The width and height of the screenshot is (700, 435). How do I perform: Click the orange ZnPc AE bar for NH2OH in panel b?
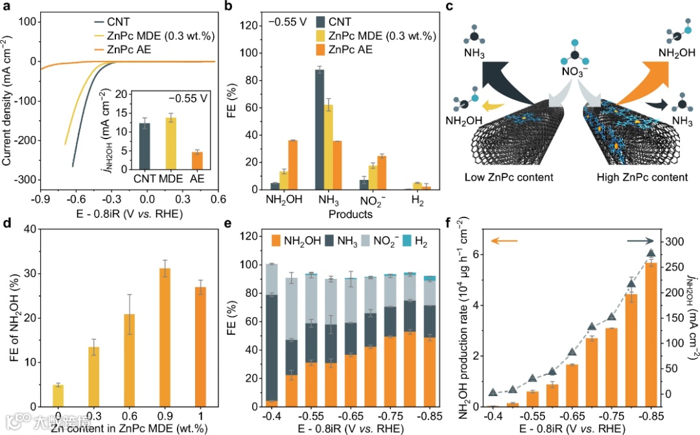point(293,165)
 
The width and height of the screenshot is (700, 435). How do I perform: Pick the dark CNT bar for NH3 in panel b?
point(320,129)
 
